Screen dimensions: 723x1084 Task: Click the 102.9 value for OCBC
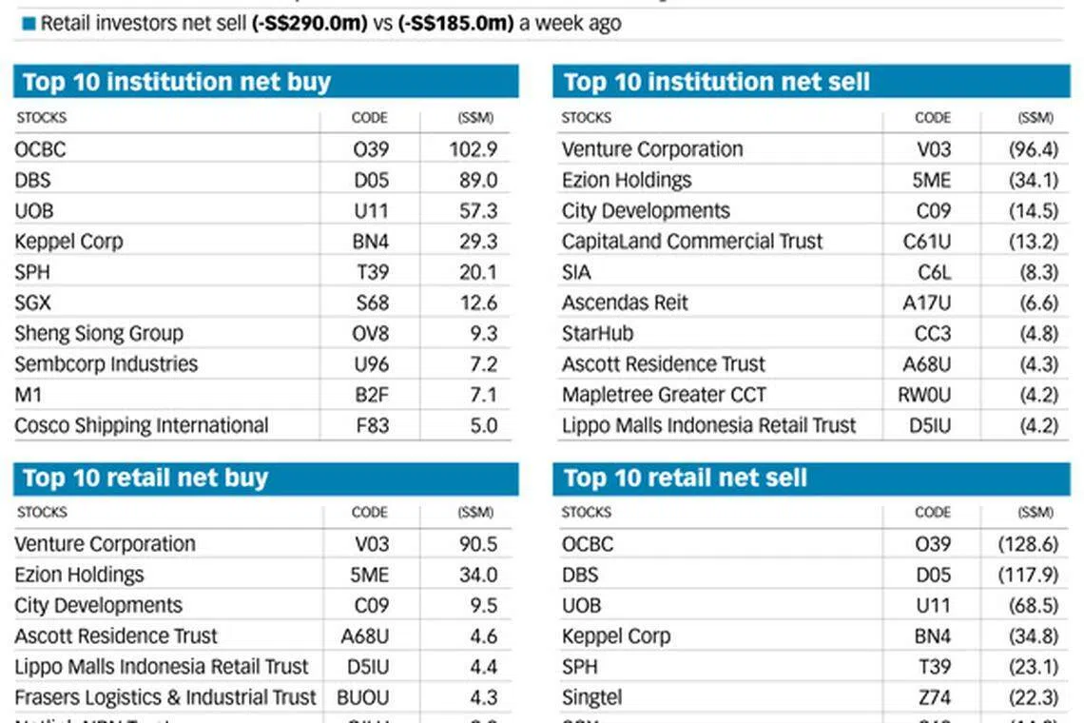pyautogui.click(x=474, y=149)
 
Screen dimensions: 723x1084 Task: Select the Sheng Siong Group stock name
pyautogui.click(x=99, y=334)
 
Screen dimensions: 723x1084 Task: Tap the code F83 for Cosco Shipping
pyautogui.click(x=372, y=425)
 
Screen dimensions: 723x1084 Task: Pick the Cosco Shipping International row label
pyautogui.click(x=142, y=425)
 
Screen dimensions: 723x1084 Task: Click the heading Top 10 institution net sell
pyautogui.click(x=716, y=82)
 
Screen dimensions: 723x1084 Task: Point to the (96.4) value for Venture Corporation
pyautogui.click(x=1034, y=149)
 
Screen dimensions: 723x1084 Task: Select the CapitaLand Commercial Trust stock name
pyautogui.click(x=692, y=242)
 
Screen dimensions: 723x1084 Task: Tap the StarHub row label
pyautogui.click(x=597, y=334)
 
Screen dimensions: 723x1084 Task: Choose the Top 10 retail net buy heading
pyautogui.click(x=145, y=478)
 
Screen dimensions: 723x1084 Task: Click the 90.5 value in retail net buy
pyautogui.click(x=478, y=544)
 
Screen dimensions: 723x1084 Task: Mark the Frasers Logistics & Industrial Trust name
pyautogui.click(x=165, y=697)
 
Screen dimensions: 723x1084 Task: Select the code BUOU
pyautogui.click(x=363, y=697)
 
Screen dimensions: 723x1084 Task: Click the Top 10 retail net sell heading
pyautogui.click(x=685, y=478)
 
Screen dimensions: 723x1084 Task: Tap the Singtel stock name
pyautogui.click(x=591, y=697)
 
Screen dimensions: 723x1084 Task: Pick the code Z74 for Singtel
pyautogui.click(x=935, y=697)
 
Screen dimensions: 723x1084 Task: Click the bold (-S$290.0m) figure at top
pyautogui.click(x=309, y=24)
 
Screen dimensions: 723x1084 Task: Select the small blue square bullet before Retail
pyautogui.click(x=29, y=24)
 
